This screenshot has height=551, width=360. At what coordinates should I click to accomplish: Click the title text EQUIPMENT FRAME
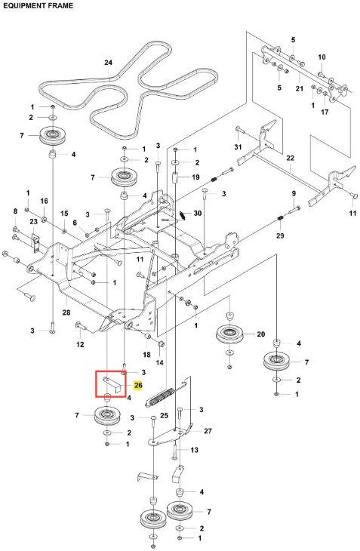click(38, 5)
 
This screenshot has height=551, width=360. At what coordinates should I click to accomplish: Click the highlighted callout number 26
click(138, 386)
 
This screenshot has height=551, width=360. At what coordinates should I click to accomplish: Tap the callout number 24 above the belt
click(108, 62)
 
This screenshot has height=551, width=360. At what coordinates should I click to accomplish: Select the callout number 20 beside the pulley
click(261, 334)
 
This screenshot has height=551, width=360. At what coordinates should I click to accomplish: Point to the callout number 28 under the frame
click(66, 312)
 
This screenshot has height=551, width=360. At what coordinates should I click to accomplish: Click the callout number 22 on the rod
click(290, 159)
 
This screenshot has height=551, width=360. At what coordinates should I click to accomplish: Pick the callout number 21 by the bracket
click(299, 88)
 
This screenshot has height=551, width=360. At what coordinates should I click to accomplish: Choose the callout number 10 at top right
click(322, 57)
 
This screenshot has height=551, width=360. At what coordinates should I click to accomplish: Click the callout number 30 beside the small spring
click(198, 213)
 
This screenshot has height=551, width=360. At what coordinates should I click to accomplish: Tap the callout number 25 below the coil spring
click(164, 415)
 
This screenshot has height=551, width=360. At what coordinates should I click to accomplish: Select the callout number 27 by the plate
click(208, 431)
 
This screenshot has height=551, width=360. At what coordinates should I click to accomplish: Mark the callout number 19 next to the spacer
click(195, 177)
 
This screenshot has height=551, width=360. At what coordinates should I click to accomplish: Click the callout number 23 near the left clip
click(33, 221)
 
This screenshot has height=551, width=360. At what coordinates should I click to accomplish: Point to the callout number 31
click(238, 146)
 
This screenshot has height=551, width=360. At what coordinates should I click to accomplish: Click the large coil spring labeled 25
click(160, 398)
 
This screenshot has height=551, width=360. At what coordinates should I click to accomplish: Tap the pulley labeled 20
click(230, 334)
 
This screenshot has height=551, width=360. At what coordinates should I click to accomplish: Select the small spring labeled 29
click(280, 219)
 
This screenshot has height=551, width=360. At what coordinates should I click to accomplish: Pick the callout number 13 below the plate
click(194, 450)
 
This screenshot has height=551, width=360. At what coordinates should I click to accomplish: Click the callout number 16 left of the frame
click(44, 201)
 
